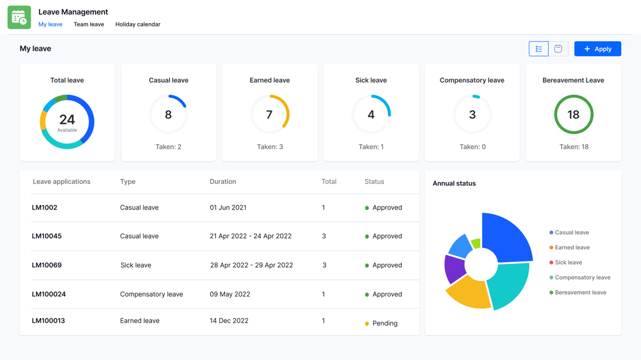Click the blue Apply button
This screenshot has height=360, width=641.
(597, 49)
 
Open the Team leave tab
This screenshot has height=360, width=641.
(88, 24)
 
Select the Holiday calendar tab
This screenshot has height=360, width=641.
(138, 24)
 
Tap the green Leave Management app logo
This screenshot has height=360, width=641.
(19, 17)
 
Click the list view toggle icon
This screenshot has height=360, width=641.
(538, 49)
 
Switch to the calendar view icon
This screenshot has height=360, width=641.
(558, 49)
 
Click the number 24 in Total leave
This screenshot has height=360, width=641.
(67, 119)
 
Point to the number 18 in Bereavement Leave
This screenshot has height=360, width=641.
(573, 115)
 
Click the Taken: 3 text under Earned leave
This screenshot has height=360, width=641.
(270, 147)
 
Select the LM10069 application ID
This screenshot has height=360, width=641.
(47, 265)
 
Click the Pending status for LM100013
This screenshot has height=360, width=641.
(384, 323)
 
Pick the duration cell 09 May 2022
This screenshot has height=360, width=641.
(229, 295)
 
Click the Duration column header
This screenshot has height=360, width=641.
(223, 182)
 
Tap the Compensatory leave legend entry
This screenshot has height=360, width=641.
(581, 277)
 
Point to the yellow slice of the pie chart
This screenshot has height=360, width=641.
(468, 293)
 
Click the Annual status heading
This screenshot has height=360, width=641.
(454, 183)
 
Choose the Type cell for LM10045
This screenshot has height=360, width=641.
(139, 236)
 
